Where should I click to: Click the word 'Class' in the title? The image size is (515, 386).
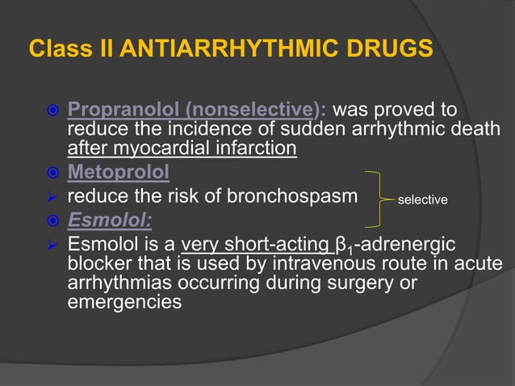click(x=54, y=48)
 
